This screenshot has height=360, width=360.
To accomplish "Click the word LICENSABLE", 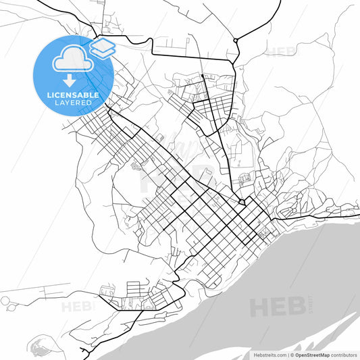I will [72, 95].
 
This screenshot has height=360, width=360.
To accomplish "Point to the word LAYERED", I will [72, 103].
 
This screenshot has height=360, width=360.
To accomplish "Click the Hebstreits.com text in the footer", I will [269, 355].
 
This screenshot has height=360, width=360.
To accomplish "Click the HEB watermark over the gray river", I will [277, 308].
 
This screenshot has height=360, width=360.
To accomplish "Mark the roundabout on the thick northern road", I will [235, 41].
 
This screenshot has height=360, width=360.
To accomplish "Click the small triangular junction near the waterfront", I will [242, 201].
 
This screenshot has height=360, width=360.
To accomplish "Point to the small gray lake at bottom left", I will [41, 346].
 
